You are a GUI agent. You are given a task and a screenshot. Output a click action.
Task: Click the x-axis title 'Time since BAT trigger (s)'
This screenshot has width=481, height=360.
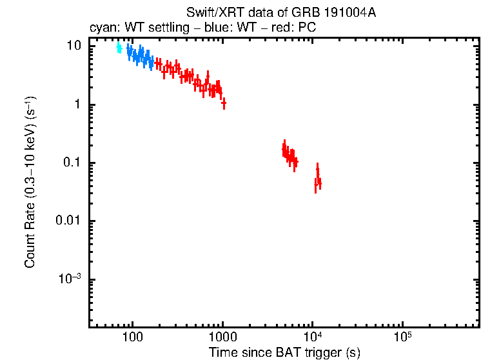click(284, 352)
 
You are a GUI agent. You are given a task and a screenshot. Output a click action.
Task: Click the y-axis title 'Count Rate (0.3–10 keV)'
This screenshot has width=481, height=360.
click(30, 183)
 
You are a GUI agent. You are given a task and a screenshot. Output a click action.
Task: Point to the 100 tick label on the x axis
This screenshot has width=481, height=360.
click(132, 336)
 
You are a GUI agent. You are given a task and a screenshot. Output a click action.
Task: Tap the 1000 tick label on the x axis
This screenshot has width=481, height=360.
click(222, 336)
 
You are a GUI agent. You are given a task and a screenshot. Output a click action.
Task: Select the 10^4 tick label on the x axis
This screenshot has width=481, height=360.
click(312, 336)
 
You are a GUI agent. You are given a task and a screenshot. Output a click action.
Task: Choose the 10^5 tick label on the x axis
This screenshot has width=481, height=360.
click(402, 336)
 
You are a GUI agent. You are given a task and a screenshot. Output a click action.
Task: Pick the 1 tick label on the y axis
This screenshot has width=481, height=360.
click(77, 105)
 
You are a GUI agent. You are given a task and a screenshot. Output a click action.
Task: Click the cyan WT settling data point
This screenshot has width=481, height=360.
click(119, 48)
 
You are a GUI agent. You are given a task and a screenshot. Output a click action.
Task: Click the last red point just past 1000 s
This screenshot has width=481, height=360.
click(224, 103)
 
